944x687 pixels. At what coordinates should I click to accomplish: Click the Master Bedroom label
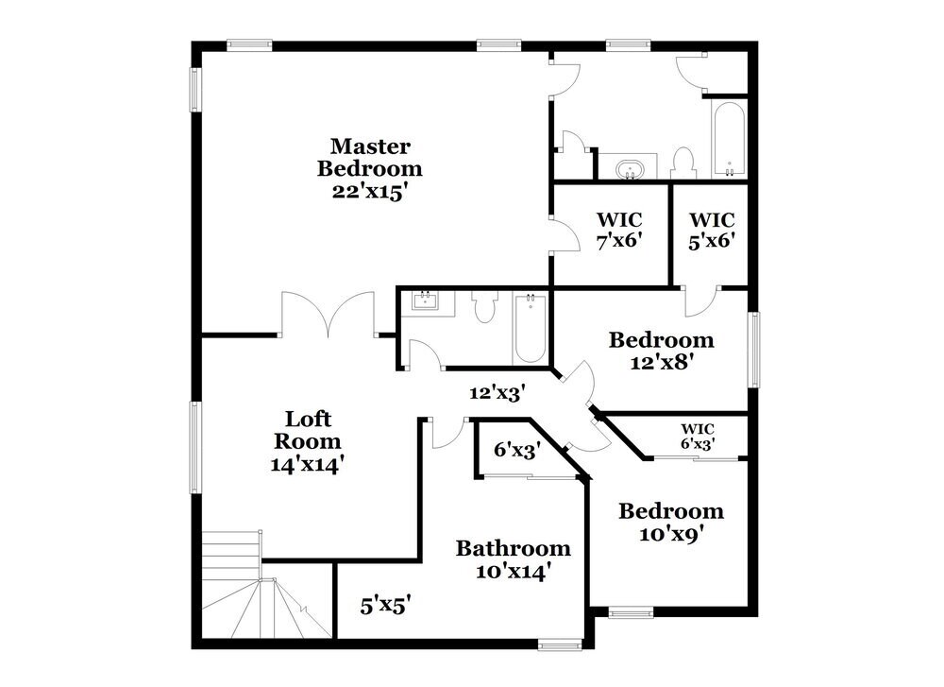[370, 158]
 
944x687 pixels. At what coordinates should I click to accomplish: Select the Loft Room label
[308, 430]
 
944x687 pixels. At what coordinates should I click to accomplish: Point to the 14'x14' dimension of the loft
[308, 464]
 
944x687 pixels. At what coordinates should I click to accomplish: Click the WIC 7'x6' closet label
[619, 230]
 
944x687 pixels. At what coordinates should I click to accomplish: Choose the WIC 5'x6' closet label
[712, 230]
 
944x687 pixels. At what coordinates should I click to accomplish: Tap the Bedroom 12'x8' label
[661, 350]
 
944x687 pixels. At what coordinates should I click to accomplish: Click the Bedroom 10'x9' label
[671, 522]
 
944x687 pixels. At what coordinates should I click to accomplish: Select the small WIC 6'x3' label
[698, 436]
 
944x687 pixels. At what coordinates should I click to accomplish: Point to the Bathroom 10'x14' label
[513, 559]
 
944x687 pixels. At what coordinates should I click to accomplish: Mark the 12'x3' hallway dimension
[497, 390]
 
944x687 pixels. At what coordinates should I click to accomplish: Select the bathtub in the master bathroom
[729, 139]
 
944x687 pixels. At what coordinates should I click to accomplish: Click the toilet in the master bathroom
[683, 163]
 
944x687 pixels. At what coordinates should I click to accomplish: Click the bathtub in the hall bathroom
[530, 327]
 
